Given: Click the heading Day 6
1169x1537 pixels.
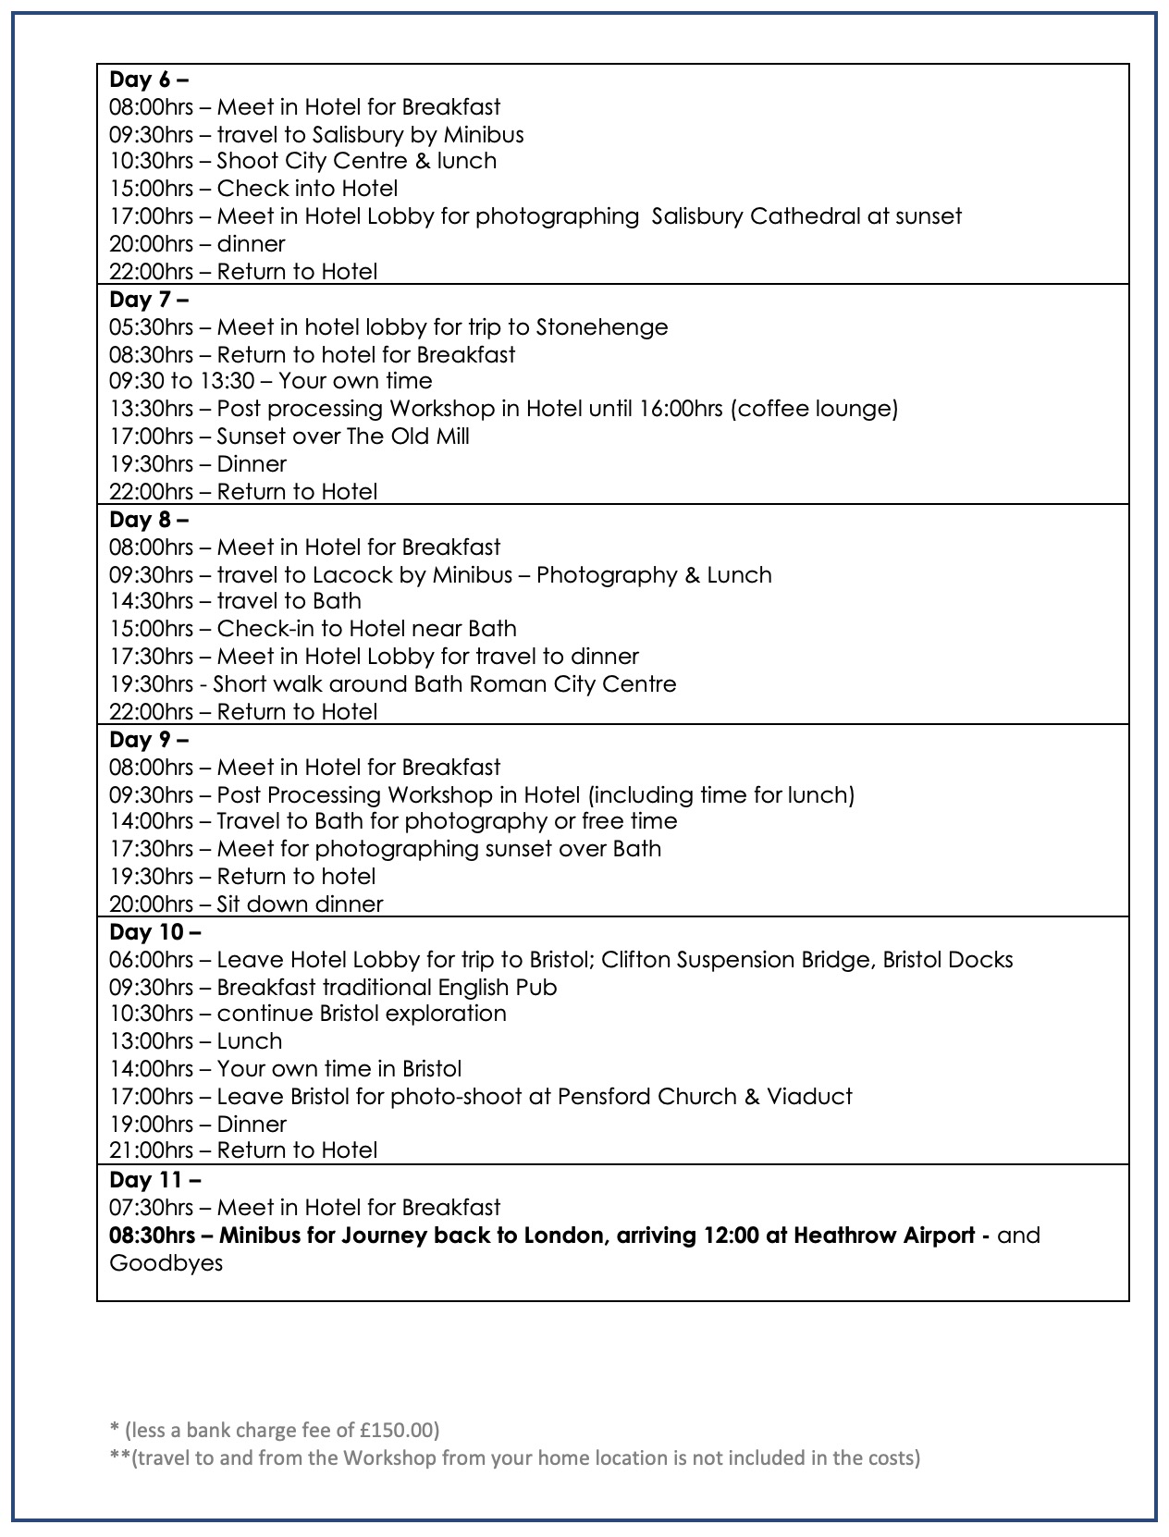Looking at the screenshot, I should coord(148,80).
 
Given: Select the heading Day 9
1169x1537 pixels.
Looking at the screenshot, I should coord(148,740).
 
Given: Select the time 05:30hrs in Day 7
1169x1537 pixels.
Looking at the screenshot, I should coord(152,327).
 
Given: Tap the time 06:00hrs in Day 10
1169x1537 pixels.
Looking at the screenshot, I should coord(152,960).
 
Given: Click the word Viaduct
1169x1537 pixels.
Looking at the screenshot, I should coord(812,1097).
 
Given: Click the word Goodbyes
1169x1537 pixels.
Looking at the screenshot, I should coord(166,1263).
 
